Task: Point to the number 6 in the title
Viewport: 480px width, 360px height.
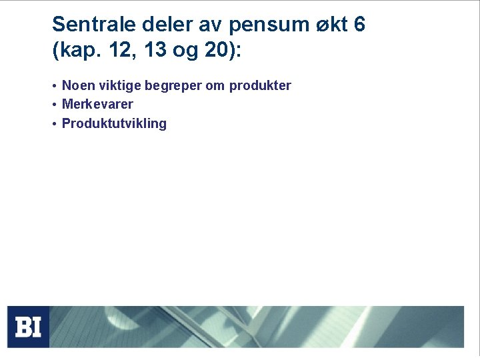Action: (x=359, y=25)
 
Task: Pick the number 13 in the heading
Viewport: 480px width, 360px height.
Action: (x=155, y=50)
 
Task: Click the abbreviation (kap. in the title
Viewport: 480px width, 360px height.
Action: (x=75, y=51)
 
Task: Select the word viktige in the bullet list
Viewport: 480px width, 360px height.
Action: (x=117, y=85)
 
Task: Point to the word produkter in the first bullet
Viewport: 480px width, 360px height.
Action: (x=260, y=85)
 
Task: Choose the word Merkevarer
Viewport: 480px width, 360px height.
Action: (x=97, y=104)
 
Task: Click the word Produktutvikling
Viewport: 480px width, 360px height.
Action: (x=114, y=123)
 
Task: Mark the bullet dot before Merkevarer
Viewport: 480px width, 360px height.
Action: (x=53, y=105)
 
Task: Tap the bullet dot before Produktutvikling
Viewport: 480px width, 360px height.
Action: (x=53, y=124)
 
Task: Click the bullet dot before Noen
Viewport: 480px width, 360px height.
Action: (x=53, y=86)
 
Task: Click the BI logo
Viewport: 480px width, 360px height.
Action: (x=28, y=327)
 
